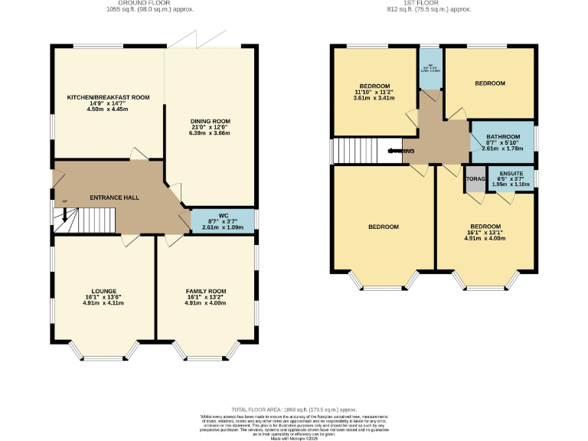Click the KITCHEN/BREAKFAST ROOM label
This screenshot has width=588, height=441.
coord(108,97)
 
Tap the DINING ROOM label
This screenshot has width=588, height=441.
coord(210,122)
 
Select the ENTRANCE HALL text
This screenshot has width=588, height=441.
coord(114,198)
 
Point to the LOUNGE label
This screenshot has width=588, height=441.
coord(104,291)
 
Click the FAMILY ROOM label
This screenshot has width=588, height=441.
coord(206,291)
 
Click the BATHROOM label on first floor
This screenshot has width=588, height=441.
coord(502,137)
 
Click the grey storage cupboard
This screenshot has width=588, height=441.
coord(475,180)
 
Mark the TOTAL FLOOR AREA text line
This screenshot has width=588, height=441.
coord(293,410)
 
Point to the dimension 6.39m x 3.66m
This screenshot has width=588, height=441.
coord(210,133)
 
